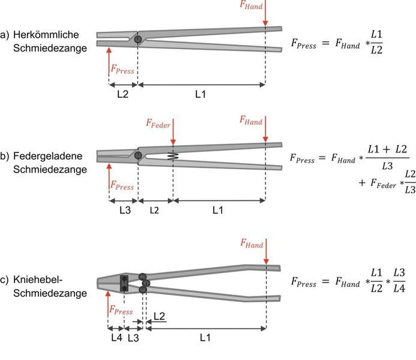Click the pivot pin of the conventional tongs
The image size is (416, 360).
click(x=138, y=39)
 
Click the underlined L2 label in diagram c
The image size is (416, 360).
click(x=159, y=316)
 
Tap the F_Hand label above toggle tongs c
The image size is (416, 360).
click(x=252, y=244)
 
